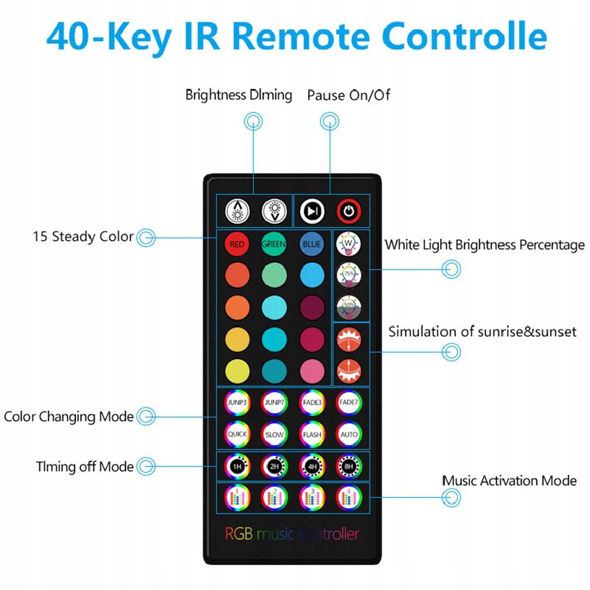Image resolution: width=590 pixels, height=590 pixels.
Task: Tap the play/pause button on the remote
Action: tap(312, 211)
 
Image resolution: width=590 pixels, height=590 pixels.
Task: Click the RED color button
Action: tap(237, 244)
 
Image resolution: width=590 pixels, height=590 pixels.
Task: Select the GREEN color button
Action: tap(274, 244)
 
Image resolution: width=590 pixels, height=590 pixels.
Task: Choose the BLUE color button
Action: tap(311, 244)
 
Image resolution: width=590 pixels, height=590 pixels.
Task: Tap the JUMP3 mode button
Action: tap(237, 402)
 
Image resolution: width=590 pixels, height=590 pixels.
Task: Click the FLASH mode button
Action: tap(312, 434)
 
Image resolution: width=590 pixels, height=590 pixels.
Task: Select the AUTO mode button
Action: tap(349, 434)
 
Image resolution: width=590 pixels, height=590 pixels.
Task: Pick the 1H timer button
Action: tap(237, 466)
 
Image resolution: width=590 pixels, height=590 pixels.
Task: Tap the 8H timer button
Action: tap(349, 466)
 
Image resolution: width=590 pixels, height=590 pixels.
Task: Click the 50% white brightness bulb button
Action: tap(349, 306)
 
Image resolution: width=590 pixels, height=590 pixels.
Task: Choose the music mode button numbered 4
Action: tap(349, 497)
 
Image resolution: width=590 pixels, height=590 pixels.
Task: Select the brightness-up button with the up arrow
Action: tap(237, 211)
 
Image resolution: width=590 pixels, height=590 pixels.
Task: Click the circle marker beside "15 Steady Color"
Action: tap(146, 237)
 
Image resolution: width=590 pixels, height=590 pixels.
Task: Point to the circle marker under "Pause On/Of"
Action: tap(330, 121)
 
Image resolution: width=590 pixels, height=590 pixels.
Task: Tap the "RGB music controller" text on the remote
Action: tap(292, 534)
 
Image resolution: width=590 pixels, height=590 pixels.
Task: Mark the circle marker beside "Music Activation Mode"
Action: tap(451, 497)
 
